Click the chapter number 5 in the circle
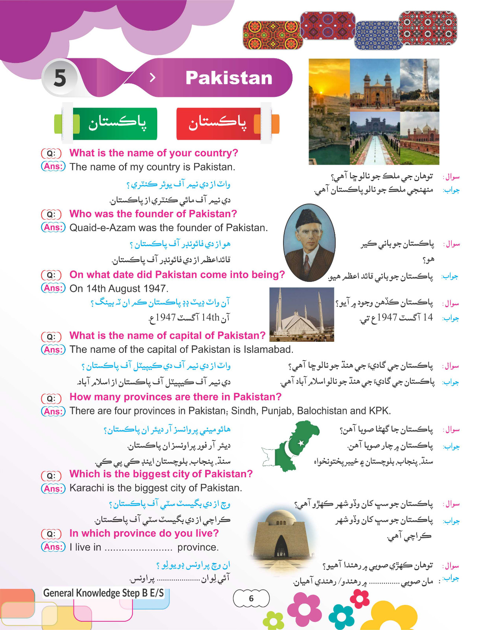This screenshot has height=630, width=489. [60, 78]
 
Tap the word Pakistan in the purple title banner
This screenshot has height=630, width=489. [229, 78]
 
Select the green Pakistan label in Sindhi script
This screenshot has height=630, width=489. [116, 123]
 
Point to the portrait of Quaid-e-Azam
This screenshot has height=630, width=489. [309, 242]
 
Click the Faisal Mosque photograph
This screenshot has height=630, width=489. [301, 314]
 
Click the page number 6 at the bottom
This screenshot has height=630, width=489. [251, 598]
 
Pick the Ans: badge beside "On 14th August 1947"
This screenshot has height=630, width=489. [53, 288]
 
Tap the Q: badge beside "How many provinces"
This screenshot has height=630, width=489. [51, 398]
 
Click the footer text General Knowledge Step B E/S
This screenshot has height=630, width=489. [103, 593]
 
